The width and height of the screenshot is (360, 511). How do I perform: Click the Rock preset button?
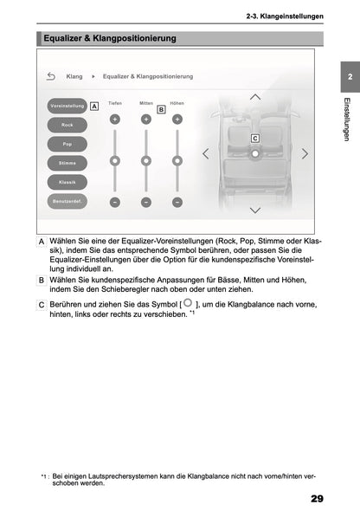(67, 125)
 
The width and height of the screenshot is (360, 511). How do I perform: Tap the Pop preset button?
(67, 144)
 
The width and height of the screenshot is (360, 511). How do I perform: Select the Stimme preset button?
(67, 163)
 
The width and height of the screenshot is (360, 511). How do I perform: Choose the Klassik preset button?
(67, 182)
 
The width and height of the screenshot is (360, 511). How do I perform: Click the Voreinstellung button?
(67, 106)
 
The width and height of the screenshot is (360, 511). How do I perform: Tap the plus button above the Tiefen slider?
(114, 119)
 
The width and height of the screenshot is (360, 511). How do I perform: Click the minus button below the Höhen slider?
(177, 202)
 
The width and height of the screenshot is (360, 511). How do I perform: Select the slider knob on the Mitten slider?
(145, 160)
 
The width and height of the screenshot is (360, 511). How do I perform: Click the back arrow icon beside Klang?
(51, 76)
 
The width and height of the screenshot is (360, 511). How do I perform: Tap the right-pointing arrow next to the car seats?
(305, 153)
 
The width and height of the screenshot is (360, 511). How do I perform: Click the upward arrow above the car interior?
(254, 96)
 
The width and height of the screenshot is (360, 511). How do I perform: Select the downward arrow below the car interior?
(254, 210)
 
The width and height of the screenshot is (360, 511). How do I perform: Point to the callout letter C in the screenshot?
(255, 138)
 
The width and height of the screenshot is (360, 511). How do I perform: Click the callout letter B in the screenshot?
(161, 110)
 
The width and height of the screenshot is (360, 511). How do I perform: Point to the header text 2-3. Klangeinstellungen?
(285, 16)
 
